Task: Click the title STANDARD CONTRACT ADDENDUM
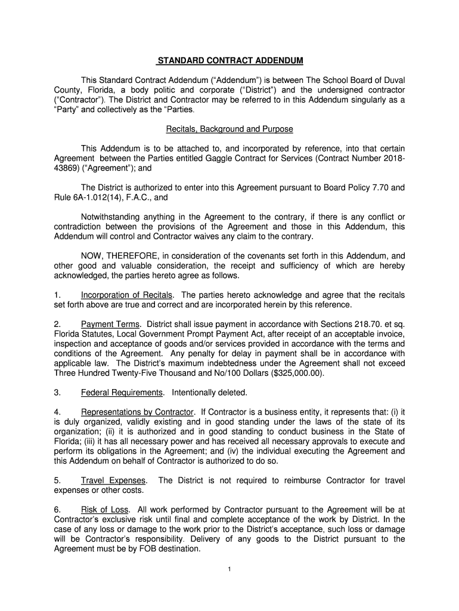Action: pyautogui.click(x=229, y=61)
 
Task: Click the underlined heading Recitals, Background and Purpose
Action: pyautogui.click(x=229, y=129)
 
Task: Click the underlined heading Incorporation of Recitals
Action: pyautogui.click(x=127, y=295)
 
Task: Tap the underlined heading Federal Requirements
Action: pyautogui.click(x=122, y=393)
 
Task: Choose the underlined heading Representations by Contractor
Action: pyautogui.click(x=138, y=412)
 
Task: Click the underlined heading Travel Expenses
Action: pyautogui.click(x=114, y=480)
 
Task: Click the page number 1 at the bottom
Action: pyautogui.click(x=229, y=569)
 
